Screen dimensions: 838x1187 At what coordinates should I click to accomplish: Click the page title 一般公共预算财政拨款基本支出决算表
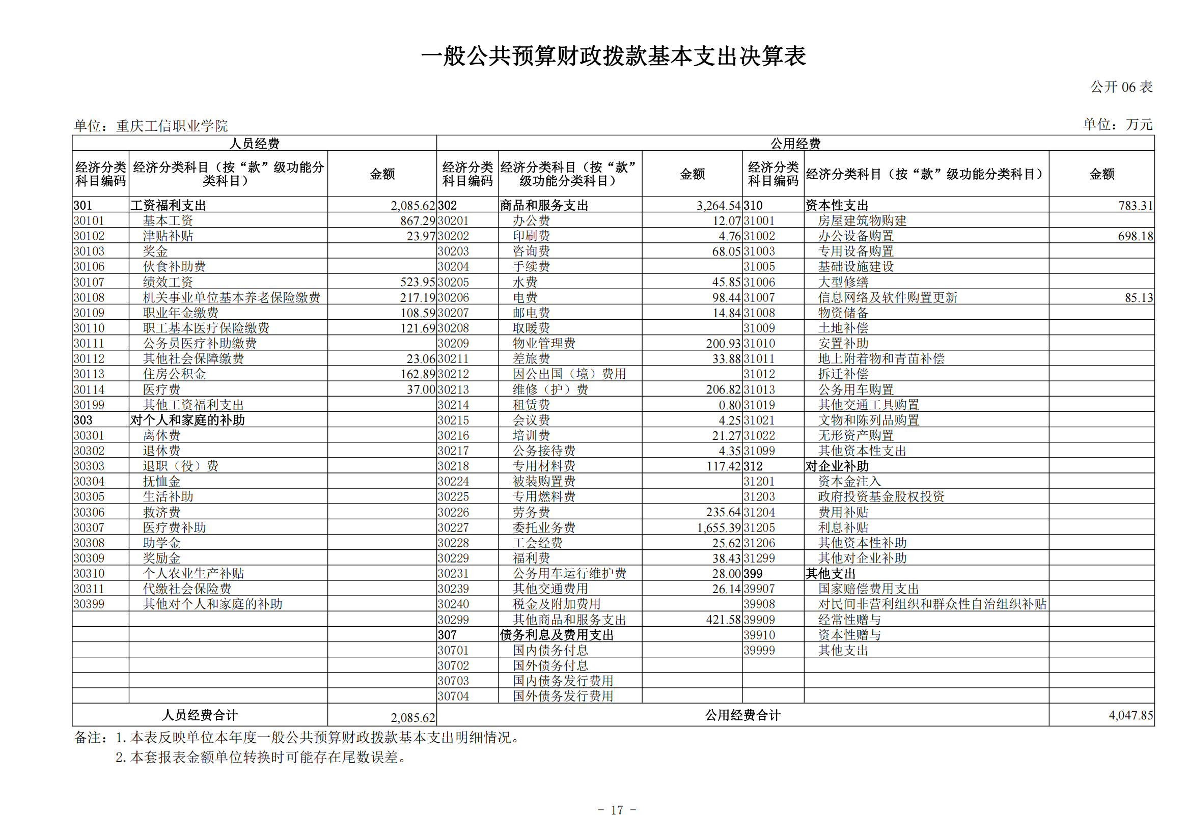(x=613, y=57)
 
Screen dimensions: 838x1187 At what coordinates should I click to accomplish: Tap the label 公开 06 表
(x=1121, y=87)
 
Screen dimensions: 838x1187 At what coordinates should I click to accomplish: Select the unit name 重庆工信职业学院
(x=172, y=126)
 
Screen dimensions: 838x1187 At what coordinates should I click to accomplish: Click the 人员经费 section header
(x=255, y=143)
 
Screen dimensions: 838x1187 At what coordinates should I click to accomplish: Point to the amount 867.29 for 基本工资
(x=417, y=221)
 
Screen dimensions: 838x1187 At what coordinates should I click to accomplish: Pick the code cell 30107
(x=89, y=282)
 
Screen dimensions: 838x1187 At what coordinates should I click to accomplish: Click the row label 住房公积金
(x=174, y=374)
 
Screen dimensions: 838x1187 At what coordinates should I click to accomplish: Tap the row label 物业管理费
(x=544, y=343)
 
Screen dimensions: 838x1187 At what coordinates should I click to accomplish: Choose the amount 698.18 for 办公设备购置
(x=1135, y=236)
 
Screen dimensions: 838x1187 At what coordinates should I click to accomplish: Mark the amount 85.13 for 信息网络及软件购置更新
(x=1139, y=298)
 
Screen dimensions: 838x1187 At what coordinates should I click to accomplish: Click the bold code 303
(x=82, y=421)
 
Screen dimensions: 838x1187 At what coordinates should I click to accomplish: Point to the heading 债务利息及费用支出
(x=556, y=635)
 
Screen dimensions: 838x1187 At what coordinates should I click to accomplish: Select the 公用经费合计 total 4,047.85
(x=1130, y=715)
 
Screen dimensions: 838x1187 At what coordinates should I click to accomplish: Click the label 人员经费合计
(x=200, y=715)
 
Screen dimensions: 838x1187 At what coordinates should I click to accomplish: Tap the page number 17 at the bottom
(x=617, y=810)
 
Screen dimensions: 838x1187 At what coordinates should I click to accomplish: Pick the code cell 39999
(x=759, y=650)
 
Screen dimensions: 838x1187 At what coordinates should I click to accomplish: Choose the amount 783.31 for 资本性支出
(x=1135, y=206)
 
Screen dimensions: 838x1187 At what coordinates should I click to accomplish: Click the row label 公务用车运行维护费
(x=569, y=573)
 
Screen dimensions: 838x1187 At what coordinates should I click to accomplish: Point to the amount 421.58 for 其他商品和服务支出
(x=723, y=619)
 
